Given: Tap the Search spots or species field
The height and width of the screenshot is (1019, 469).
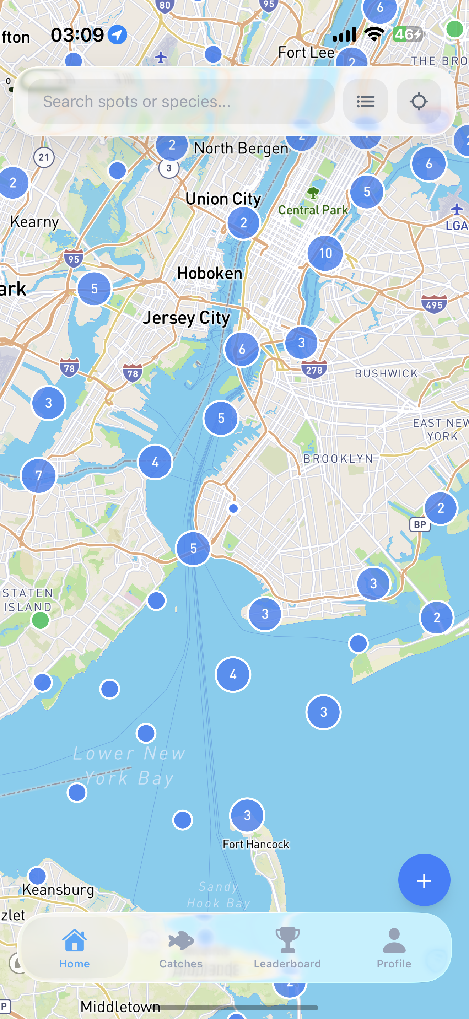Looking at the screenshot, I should pos(180,102).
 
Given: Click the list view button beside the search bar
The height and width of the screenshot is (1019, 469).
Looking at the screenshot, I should pos(365,102).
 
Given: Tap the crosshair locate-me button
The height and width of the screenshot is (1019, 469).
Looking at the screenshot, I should pos(419,102).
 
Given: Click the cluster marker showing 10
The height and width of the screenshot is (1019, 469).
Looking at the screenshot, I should pos(325,253).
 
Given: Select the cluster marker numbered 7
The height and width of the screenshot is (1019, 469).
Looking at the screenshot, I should pos(38,475).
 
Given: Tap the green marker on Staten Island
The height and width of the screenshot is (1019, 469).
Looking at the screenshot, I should pos(41,620).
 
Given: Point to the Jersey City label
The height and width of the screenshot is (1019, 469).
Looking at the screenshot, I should pos(186,318).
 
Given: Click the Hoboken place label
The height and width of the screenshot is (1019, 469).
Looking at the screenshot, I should pos(210,273).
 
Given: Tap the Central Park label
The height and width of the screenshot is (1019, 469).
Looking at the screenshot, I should pos(313,210).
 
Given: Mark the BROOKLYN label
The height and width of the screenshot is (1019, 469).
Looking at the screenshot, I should pos(338,458).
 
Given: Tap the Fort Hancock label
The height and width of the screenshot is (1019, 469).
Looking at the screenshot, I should pos(256,844).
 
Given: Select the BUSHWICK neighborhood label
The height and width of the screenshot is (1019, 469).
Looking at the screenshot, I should pos(386,373).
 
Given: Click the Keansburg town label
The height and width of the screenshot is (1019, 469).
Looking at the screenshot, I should pos(58,890).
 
